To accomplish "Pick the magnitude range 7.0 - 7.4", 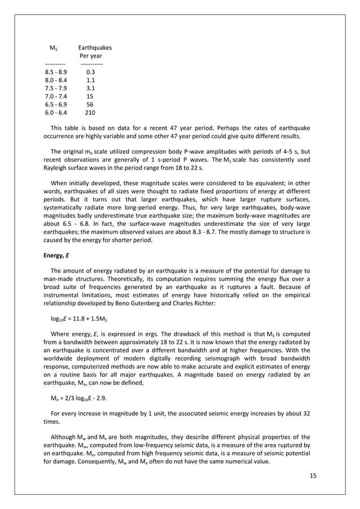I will pyautogui.click(x=55, y=96).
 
